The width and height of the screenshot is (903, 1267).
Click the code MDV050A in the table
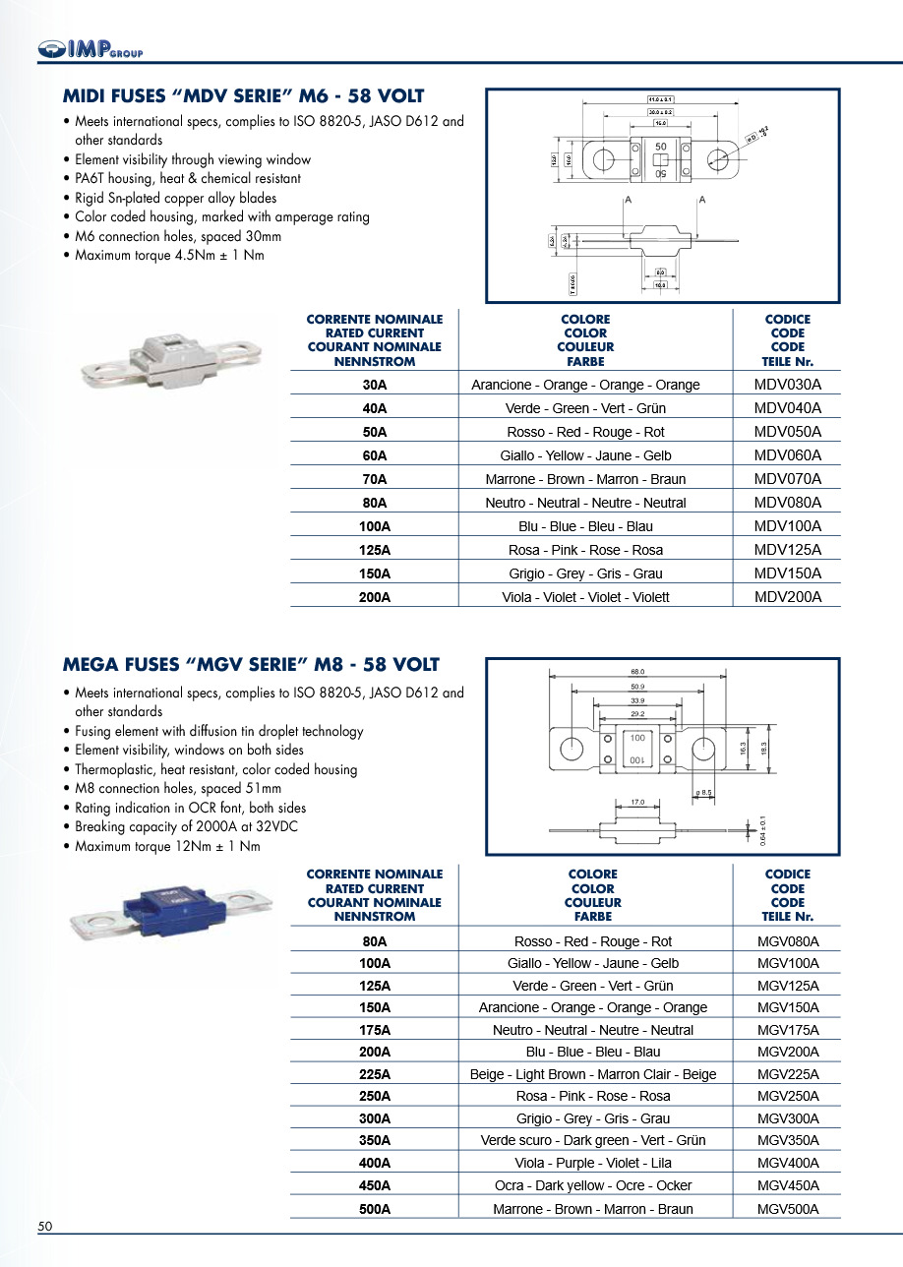click(x=787, y=432)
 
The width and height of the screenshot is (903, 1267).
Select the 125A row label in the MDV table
click(x=375, y=550)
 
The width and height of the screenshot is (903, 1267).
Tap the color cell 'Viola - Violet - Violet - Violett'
click(x=585, y=597)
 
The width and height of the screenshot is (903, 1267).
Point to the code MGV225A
click(x=788, y=1074)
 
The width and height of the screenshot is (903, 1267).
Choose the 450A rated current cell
click(x=375, y=1185)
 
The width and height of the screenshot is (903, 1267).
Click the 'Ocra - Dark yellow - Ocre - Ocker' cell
click(x=592, y=1185)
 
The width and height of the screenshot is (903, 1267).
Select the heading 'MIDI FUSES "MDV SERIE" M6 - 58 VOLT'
click(x=243, y=96)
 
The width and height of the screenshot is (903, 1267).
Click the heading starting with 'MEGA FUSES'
click(x=251, y=665)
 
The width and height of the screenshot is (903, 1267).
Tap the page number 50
click(x=45, y=1226)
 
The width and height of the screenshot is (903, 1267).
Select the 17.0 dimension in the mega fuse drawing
click(x=637, y=803)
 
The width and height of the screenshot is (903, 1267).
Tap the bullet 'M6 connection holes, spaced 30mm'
click(x=178, y=236)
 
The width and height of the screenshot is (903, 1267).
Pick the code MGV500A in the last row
click(x=788, y=1209)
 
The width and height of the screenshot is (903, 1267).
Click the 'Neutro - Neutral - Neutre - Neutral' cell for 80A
click(x=585, y=503)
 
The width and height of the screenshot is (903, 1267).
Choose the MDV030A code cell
click(x=787, y=385)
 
